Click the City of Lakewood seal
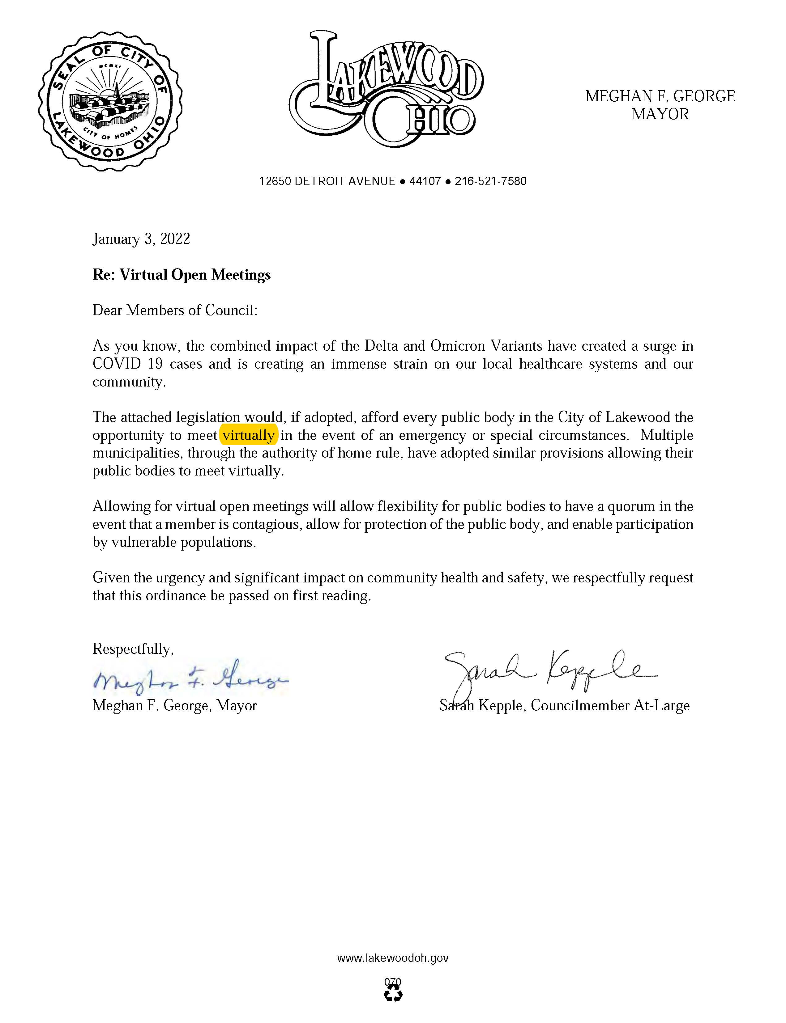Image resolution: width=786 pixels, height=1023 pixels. click(110, 101)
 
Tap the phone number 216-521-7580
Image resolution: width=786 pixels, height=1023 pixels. click(490, 181)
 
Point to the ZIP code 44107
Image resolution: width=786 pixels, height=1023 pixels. click(425, 181)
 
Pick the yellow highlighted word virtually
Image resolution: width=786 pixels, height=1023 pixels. click(248, 435)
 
